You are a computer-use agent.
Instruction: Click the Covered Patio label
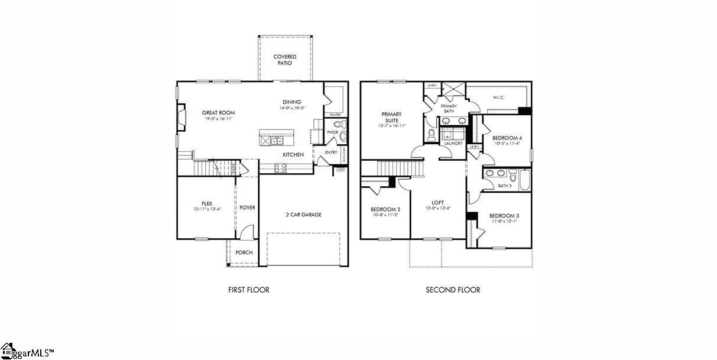[x=284, y=60]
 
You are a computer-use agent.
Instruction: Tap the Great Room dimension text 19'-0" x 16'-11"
[x=218, y=119]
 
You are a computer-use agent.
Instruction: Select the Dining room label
[x=291, y=102]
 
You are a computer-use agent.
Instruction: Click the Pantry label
[x=335, y=115]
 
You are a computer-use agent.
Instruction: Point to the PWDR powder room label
[x=332, y=132]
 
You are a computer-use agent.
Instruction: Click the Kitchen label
[x=293, y=155]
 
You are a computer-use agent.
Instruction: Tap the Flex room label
[x=206, y=203]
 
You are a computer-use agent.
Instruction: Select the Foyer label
[x=247, y=208]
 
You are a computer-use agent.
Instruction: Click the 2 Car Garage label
[x=303, y=215]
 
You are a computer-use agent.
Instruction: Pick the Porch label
[x=244, y=252]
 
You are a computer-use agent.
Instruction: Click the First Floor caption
[x=249, y=290]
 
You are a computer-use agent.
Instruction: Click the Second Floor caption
[x=453, y=290]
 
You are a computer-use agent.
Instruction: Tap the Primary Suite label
[x=391, y=117]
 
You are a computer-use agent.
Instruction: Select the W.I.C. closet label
[x=498, y=98]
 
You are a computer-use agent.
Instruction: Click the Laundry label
[x=453, y=143]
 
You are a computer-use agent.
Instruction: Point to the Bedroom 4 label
[x=507, y=138]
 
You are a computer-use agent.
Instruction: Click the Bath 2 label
[x=504, y=186]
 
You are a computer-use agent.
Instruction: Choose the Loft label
[x=437, y=203]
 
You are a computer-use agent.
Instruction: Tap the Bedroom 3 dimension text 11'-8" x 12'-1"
[x=504, y=222]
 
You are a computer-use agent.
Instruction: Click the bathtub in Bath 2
[x=524, y=179]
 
